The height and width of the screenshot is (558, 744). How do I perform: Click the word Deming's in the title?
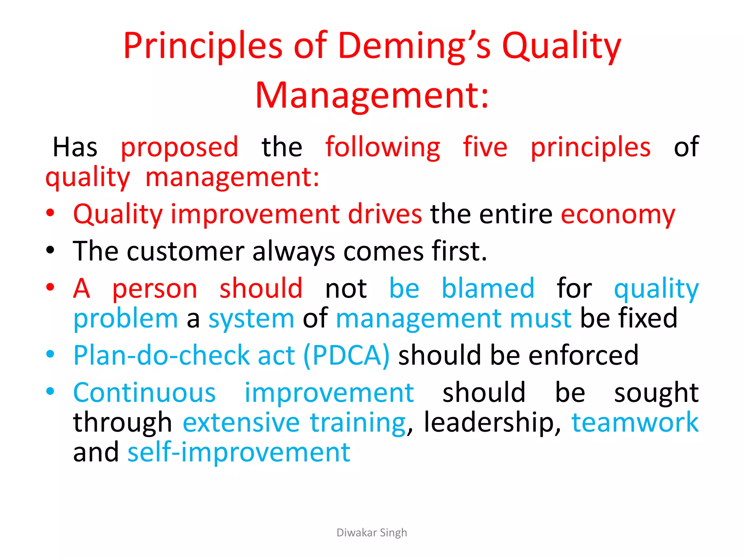pos(415,46)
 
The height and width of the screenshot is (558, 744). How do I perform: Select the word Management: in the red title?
pos(372,95)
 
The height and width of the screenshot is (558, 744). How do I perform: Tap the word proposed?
pos(179,147)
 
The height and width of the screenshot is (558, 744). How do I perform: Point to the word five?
pos(485,147)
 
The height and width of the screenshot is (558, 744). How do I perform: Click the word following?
pos(383,147)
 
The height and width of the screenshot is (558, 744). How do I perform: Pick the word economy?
pos(618,214)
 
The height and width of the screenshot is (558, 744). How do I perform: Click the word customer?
pos(185,251)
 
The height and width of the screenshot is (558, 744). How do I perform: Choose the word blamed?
pos(488,288)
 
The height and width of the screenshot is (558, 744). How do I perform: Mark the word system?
pos(251,319)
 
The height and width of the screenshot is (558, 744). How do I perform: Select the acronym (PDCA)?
pos(346,355)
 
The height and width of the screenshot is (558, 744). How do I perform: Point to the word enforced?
pos(583,355)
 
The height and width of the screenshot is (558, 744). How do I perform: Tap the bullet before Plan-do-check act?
pos(50,354)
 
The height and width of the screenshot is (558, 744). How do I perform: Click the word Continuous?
pos(145,393)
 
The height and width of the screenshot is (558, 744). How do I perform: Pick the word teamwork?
pos(635,422)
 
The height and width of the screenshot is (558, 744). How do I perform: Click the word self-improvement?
pos(239,453)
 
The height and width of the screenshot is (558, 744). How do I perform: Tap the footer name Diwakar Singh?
pos(372,533)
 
